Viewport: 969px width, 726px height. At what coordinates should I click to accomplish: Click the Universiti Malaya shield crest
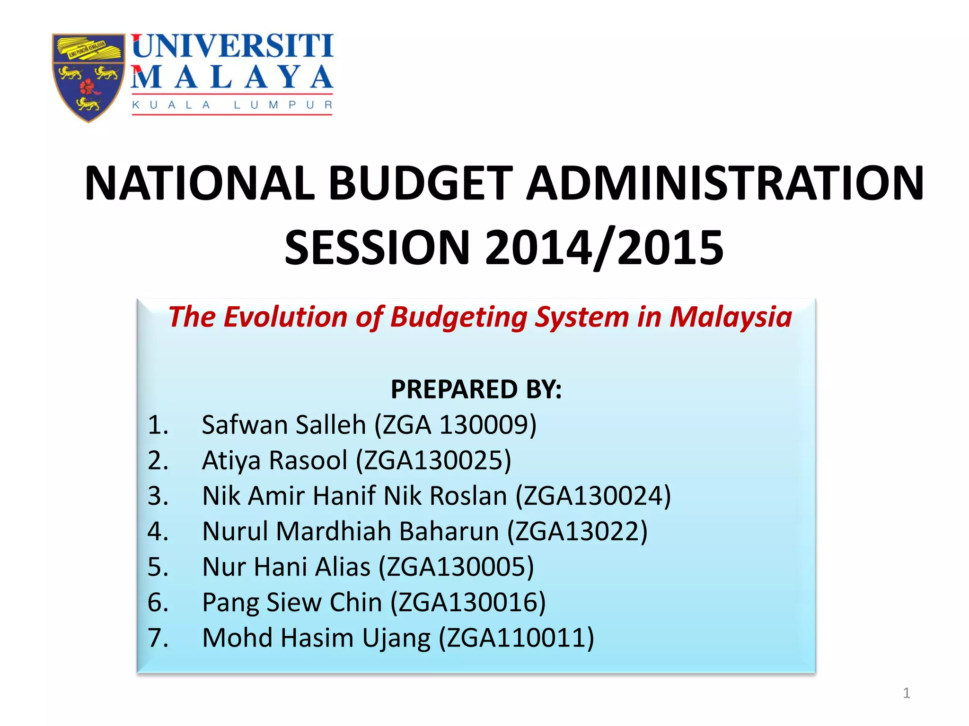click(88, 77)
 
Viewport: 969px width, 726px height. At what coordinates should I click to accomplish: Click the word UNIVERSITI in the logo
click(233, 46)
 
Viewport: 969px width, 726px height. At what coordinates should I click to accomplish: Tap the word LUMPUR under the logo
click(283, 105)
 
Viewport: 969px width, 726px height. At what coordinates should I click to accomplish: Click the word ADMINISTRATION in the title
click(725, 183)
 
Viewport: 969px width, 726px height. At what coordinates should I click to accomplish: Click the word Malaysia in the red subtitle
click(731, 317)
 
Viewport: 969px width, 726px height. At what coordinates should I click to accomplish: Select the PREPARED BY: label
click(476, 389)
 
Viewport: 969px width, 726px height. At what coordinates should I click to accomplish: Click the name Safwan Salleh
click(284, 424)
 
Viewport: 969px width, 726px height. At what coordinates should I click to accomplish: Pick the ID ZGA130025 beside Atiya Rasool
click(433, 460)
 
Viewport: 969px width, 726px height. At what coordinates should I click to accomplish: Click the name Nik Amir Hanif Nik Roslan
click(354, 496)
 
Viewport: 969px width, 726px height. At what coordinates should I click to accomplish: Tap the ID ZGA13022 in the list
click(577, 531)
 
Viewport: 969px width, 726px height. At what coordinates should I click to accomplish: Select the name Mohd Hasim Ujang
click(317, 638)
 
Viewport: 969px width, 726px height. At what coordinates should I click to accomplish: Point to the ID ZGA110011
click(516, 638)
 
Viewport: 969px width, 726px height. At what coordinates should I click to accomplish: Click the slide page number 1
click(906, 693)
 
